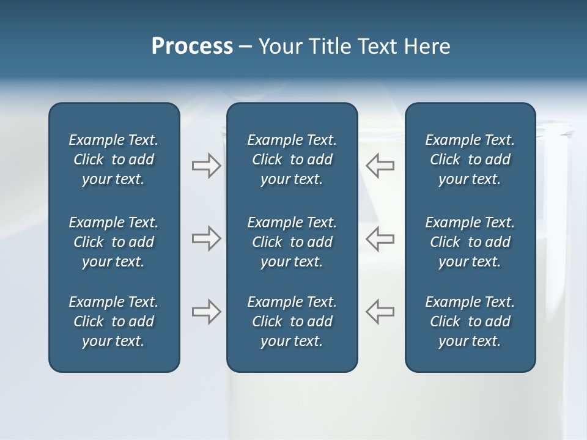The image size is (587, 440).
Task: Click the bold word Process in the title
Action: [x=192, y=46]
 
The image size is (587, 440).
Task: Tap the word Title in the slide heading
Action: [x=330, y=46]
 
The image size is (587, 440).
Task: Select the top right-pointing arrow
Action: [x=207, y=166]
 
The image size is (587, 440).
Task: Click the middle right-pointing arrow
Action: [x=207, y=238]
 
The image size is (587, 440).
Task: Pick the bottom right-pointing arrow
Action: [x=207, y=312]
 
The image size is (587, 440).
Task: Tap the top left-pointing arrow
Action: [x=380, y=166]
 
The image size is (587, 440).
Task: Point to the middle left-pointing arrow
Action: [x=380, y=238]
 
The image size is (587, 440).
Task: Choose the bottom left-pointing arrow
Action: [x=380, y=312]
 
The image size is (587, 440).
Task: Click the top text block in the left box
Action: [x=114, y=159]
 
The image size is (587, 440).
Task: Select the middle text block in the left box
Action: [x=114, y=242]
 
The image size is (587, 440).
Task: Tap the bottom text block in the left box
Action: [x=114, y=321]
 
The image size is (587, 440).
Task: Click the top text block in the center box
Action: [x=292, y=159]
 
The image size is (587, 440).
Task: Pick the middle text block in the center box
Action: [x=292, y=242]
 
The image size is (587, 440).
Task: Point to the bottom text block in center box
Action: [x=292, y=321]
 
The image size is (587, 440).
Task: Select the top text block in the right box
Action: [x=470, y=159]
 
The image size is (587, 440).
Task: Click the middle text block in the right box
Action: [x=470, y=242]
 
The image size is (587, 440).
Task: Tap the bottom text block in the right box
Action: [x=470, y=321]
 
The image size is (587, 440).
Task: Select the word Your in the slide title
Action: [x=280, y=46]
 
